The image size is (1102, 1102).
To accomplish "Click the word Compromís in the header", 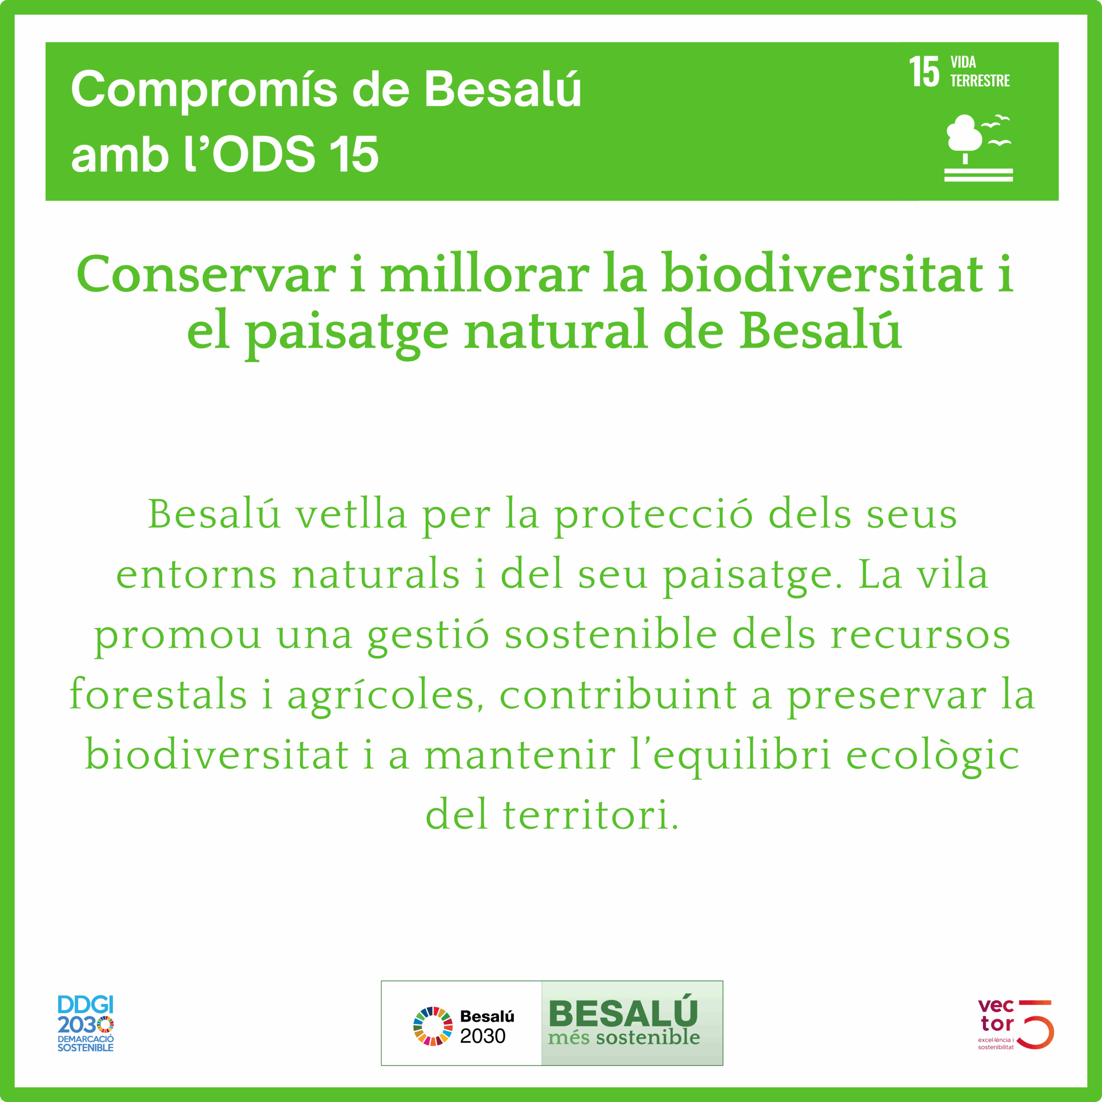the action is tap(204, 90).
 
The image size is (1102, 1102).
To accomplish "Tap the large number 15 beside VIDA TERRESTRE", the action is tap(923, 72).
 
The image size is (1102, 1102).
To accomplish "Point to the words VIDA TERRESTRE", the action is tap(980, 71).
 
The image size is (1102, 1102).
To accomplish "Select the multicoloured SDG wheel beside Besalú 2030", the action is tap(432, 1026).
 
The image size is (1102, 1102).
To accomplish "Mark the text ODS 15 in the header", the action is tap(295, 154).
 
